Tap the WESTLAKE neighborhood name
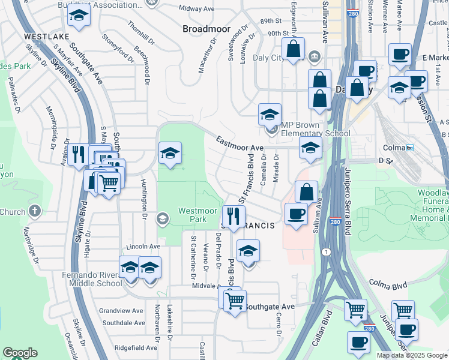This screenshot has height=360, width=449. click(x=44, y=37)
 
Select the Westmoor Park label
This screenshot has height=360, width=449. click(x=193, y=215)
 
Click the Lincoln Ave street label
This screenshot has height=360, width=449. click(x=142, y=247)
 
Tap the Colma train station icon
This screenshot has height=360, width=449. click(x=411, y=148)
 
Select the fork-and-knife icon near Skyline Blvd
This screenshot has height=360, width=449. click(x=78, y=155)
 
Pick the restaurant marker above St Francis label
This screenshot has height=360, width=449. click(x=234, y=216)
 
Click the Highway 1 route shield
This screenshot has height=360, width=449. click(x=325, y=251)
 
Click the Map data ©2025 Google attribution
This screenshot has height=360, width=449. click(x=412, y=356)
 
